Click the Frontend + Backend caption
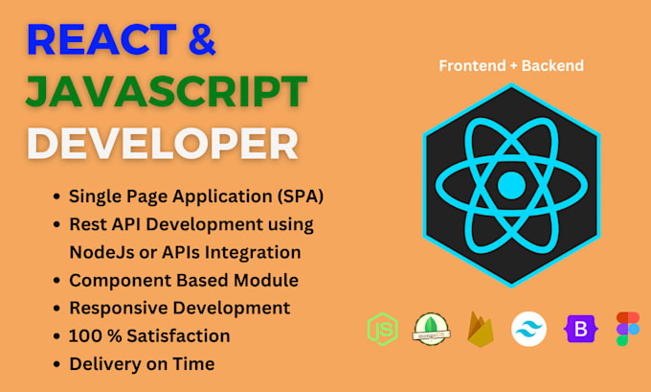511,66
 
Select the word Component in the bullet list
114,280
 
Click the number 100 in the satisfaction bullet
84,335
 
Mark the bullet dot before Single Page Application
56,196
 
